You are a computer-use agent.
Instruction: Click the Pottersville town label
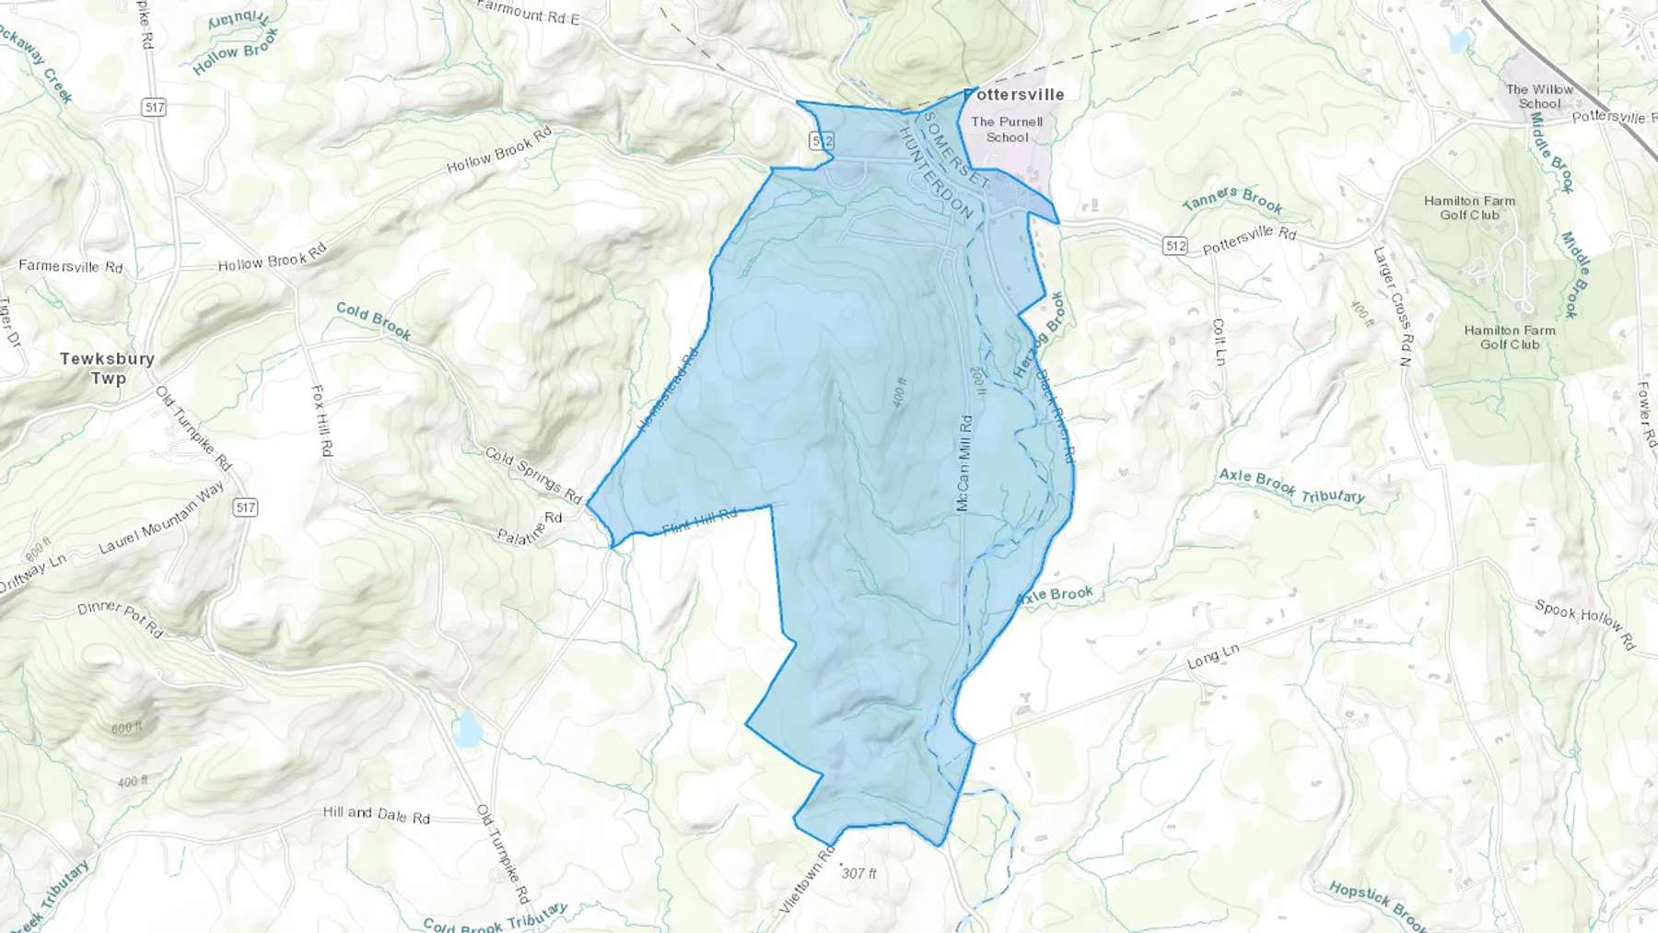[x=1014, y=94]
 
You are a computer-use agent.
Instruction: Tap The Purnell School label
[x=1007, y=129]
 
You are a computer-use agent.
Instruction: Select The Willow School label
[x=1539, y=96]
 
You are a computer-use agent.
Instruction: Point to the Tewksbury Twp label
[x=107, y=367]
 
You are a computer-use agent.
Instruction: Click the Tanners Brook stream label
[x=1232, y=199]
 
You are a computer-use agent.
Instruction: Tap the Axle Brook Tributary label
[x=1291, y=486]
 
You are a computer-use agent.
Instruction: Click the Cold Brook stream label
[x=373, y=320]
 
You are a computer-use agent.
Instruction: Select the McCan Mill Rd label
[x=963, y=463]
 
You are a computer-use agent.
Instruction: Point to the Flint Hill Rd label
[x=700, y=521]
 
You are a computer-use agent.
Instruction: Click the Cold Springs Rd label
[x=533, y=475]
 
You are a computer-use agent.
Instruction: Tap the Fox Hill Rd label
[x=321, y=421]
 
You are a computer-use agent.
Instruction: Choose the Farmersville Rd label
[x=70, y=266]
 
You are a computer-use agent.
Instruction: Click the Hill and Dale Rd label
[x=376, y=814]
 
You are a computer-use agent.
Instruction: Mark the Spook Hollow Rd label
[x=1584, y=624]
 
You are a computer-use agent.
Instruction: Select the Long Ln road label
[x=1213, y=657]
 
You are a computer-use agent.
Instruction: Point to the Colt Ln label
[x=1219, y=342]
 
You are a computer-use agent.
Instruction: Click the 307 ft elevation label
[x=858, y=872]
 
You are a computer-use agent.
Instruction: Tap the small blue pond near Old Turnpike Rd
[x=467, y=729]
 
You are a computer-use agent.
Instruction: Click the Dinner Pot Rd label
[x=120, y=619]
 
